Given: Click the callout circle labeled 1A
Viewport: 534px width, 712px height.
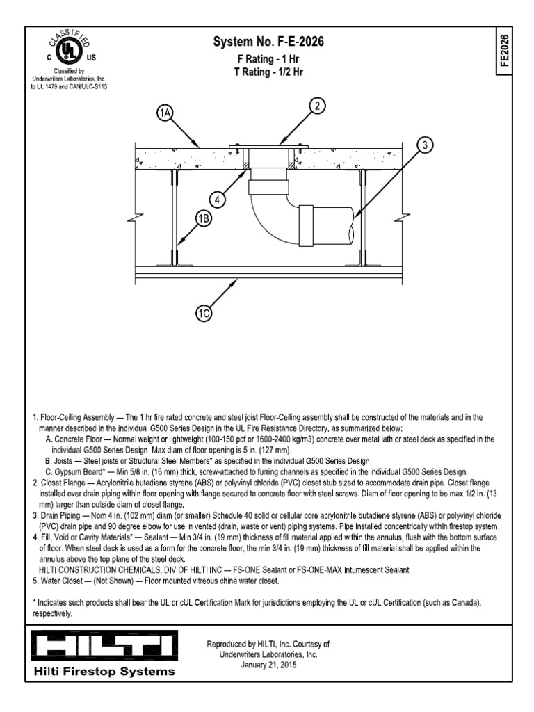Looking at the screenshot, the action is tap(165, 113).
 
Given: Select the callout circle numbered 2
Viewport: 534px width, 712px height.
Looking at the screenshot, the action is tap(317, 106).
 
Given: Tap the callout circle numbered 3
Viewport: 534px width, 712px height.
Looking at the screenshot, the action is tap(426, 145).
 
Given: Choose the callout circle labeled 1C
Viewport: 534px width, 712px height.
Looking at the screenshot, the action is tap(204, 314).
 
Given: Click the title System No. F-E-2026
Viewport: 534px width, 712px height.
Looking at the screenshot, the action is tap(268, 43).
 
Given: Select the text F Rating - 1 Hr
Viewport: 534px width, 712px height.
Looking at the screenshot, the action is tap(268, 59).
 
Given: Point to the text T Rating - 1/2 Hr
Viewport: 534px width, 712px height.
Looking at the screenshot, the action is tap(268, 72).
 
